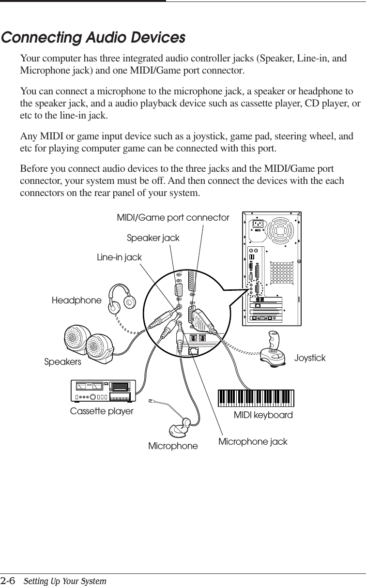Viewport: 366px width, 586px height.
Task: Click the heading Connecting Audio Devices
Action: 93,38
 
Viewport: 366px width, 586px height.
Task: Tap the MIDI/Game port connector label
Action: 173,218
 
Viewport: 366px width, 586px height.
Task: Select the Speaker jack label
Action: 153,238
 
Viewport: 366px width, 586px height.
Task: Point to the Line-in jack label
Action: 120,257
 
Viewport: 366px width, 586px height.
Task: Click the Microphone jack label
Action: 253,442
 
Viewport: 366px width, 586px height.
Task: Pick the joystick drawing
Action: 274,350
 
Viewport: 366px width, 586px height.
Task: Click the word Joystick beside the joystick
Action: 310,358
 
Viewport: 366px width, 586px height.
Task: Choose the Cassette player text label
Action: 102,411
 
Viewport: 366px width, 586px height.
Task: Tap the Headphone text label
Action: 76,301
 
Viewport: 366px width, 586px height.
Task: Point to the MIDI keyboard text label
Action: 263,415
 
